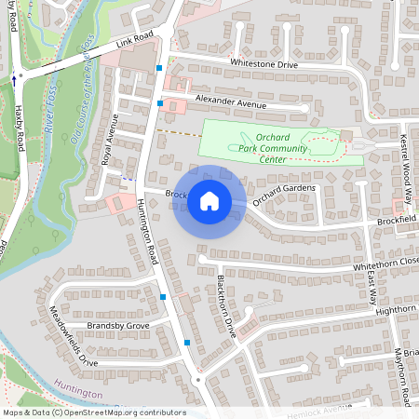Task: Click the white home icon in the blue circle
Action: click(209, 201)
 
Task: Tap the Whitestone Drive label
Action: click(264, 64)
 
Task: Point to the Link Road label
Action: click(134, 43)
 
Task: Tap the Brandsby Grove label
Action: click(117, 326)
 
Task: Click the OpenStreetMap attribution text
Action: click(93, 412)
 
